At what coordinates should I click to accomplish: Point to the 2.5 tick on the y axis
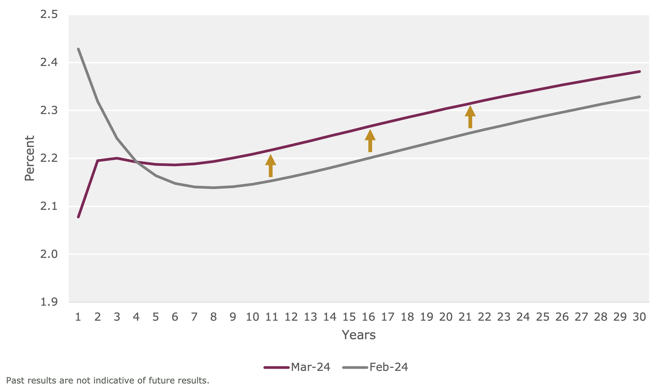[x=49, y=14]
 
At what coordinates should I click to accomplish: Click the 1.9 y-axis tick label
[x=49, y=302]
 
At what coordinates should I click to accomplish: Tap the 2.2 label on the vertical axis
[x=49, y=158]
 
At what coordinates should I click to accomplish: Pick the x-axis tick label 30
[x=639, y=317]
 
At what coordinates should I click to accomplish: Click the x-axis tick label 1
[x=78, y=317]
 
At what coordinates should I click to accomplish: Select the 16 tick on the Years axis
[x=369, y=317]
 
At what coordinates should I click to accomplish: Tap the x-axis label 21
[x=465, y=317]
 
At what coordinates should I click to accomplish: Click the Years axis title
[x=359, y=335]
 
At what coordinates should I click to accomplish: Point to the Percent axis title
[x=30, y=158]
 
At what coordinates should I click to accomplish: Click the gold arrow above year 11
[x=270, y=166]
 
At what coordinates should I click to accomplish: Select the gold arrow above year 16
[x=370, y=141]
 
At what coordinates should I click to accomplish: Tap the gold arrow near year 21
[x=470, y=117]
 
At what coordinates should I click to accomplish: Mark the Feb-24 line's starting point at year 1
[x=78, y=49]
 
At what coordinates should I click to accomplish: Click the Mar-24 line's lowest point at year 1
[x=78, y=217]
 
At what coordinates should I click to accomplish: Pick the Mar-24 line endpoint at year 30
[x=640, y=72]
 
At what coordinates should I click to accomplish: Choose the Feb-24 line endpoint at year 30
[x=640, y=97]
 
